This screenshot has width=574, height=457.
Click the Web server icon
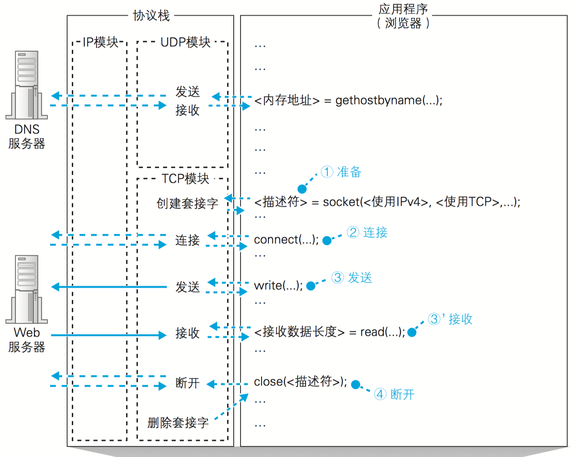[x=27, y=289]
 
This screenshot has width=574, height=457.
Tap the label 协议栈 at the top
[x=151, y=16]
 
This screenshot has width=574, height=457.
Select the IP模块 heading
[x=100, y=42]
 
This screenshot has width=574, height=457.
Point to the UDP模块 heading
[x=185, y=42]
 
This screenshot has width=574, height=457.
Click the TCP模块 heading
[x=185, y=178]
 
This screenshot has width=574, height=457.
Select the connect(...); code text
[x=286, y=240]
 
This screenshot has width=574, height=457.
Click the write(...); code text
[x=278, y=286]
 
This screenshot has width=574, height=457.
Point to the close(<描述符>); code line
[x=300, y=382]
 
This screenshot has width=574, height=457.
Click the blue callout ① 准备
[x=341, y=172]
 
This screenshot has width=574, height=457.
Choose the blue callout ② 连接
[x=367, y=233]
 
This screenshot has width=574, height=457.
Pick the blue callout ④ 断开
[x=394, y=394]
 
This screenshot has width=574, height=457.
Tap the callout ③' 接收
[x=450, y=319]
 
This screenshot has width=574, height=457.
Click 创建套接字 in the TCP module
[x=187, y=203]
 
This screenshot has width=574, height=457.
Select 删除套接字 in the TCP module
[x=178, y=423]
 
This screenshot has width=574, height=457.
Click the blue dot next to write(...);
[x=311, y=286]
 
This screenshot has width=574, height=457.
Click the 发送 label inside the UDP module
[x=187, y=92]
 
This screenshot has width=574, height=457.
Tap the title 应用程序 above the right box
[x=403, y=9]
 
